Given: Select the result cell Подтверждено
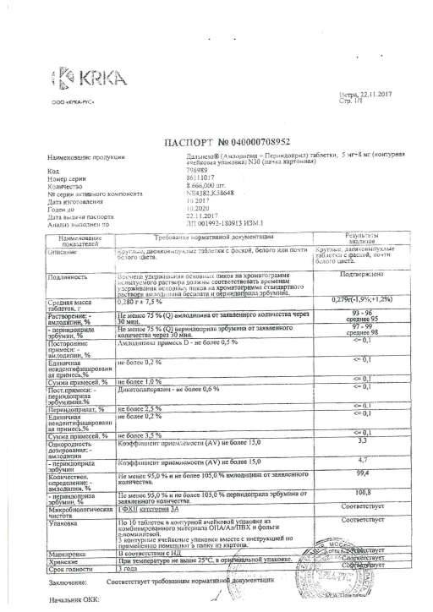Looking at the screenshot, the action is pyautogui.click(x=362, y=275).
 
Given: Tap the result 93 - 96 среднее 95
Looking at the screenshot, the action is pyautogui.click(x=362, y=315).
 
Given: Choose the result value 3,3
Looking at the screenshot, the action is pyautogui.click(x=361, y=440).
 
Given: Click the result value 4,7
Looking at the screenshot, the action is pyautogui.click(x=361, y=462).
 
